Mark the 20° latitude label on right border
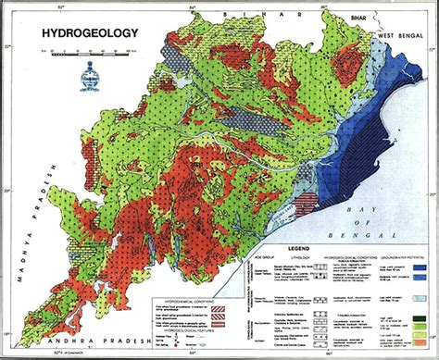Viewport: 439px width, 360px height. pos(432,193)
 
